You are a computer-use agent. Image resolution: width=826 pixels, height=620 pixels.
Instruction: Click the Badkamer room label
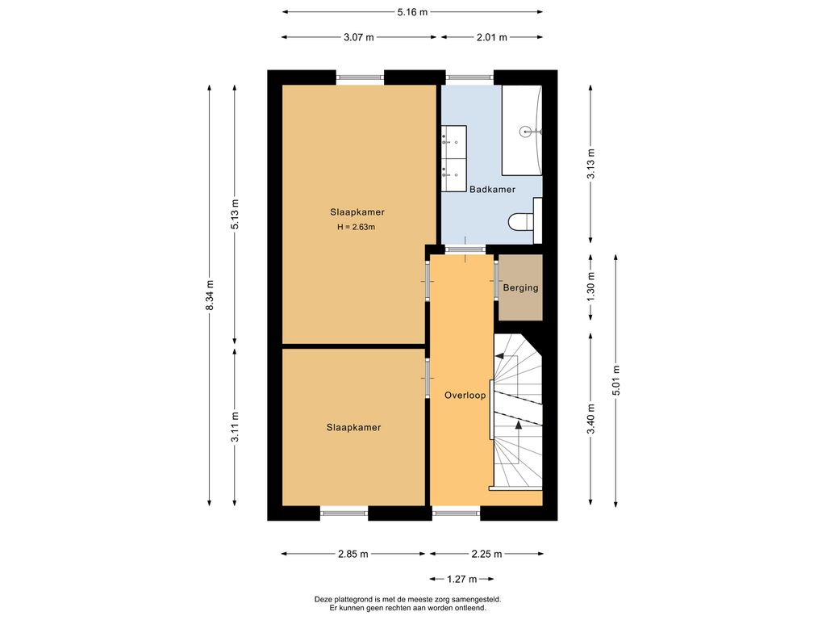(x=492, y=189)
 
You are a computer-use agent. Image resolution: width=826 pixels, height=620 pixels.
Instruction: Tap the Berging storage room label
(x=520, y=288)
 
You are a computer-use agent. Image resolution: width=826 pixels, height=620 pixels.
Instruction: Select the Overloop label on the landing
(x=465, y=396)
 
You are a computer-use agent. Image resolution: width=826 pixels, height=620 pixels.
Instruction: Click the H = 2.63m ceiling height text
(x=357, y=227)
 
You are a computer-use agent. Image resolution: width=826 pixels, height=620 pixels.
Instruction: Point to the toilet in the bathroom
(x=523, y=221)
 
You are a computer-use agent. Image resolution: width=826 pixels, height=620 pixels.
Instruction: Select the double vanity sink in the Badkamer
(x=454, y=159)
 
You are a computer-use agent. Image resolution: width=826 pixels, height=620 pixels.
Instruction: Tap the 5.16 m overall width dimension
(x=412, y=11)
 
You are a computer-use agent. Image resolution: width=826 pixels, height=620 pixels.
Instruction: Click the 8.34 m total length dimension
(x=210, y=295)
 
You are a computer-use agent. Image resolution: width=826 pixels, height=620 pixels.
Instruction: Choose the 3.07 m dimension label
(x=359, y=37)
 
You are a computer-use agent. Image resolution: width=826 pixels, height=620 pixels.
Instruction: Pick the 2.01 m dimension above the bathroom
(x=492, y=37)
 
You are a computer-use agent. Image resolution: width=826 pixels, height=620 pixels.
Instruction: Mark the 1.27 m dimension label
(x=462, y=579)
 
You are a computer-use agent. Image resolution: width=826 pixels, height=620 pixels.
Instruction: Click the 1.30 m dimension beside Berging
(x=590, y=288)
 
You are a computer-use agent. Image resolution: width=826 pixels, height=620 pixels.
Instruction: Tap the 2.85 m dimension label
(x=353, y=554)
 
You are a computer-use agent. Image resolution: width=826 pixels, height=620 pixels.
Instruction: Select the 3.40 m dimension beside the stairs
(x=590, y=420)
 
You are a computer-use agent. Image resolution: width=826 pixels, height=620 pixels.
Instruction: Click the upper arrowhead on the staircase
(x=499, y=356)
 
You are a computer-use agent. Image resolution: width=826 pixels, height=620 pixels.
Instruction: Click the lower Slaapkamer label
(x=353, y=428)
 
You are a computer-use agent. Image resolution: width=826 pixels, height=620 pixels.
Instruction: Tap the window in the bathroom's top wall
(x=470, y=77)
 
